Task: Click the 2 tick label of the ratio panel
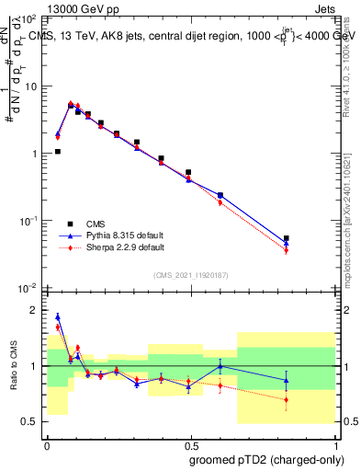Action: tap(35, 310)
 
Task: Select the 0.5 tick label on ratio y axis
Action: tap(30, 421)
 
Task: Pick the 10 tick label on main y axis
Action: tap(29, 86)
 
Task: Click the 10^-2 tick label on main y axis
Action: tap(28, 288)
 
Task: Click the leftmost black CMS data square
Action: tap(58, 152)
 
